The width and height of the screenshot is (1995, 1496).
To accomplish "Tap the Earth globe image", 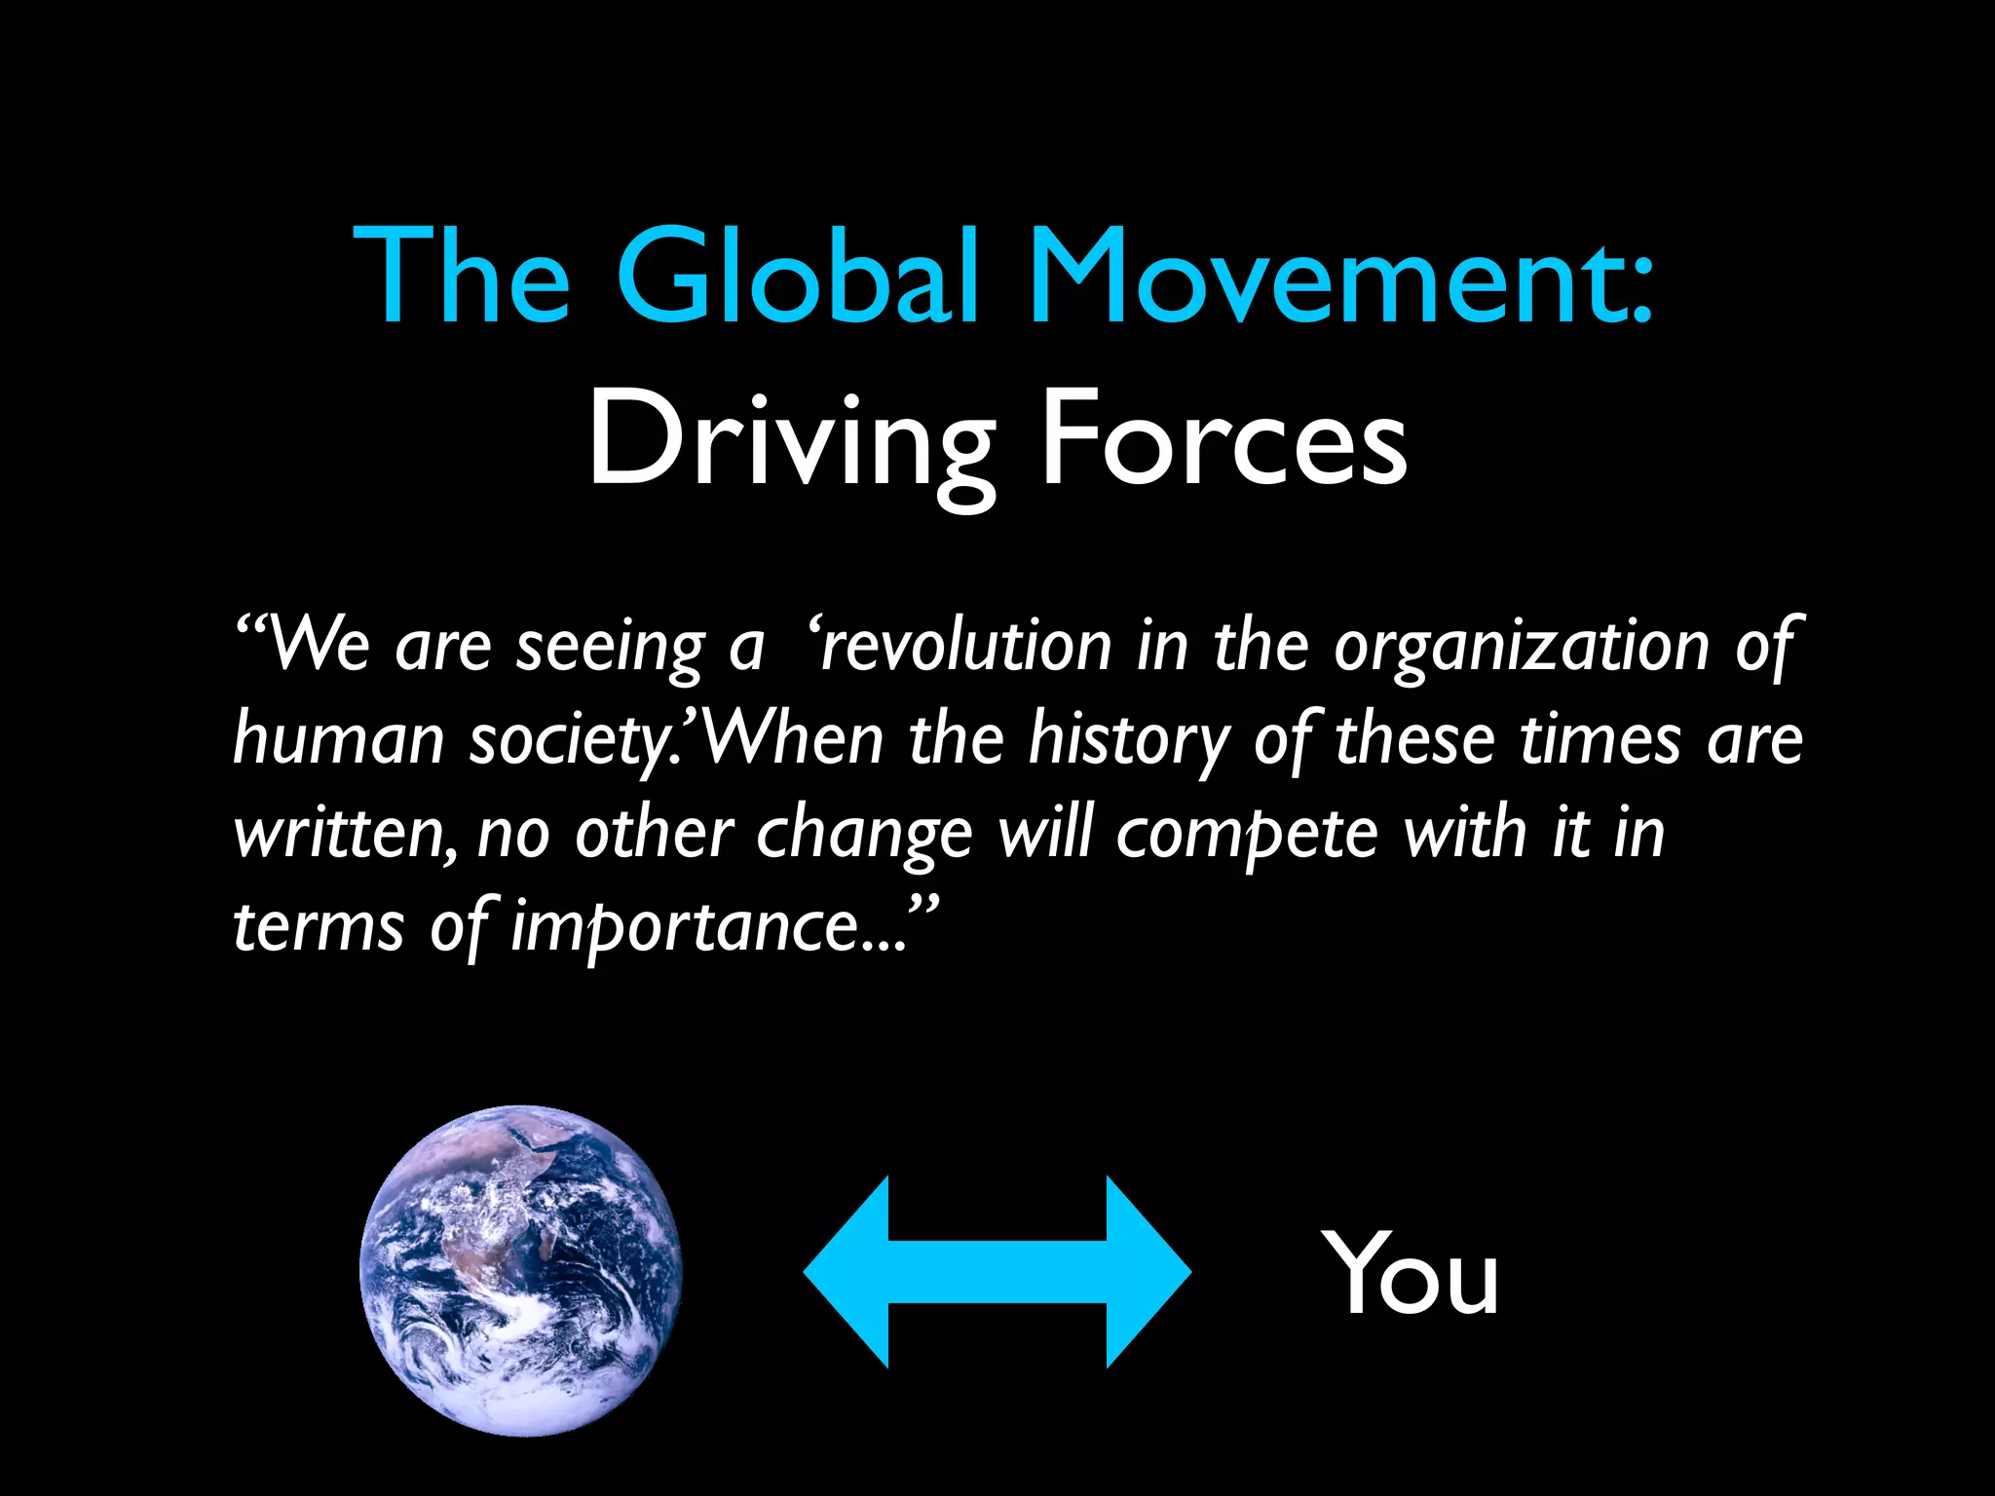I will tap(521, 1270).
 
